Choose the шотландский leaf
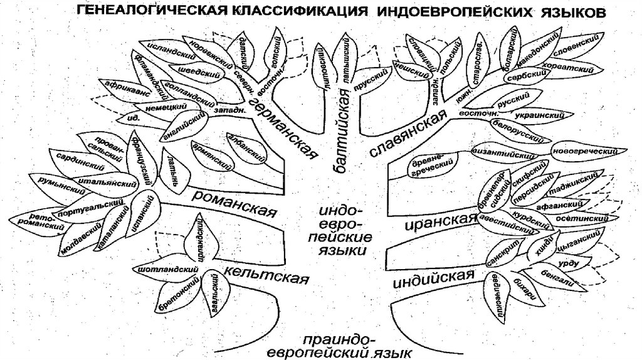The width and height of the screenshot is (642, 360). pos(165,269)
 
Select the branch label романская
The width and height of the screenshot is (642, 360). pos(235,203)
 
